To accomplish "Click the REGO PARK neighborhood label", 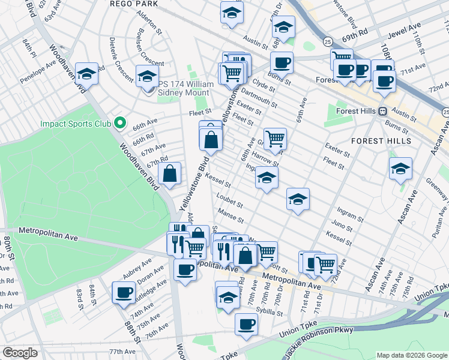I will (134, 4).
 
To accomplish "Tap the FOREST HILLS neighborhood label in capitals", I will (381, 141).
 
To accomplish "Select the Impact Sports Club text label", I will (76, 124).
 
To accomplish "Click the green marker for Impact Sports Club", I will (120, 124).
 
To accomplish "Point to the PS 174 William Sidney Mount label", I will (185, 89).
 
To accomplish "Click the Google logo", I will (20, 353).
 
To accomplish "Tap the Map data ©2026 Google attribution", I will (411, 355).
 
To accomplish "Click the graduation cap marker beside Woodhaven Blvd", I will (87, 74).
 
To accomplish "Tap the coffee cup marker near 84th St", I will (124, 292).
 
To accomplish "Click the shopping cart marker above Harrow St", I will (275, 139).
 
